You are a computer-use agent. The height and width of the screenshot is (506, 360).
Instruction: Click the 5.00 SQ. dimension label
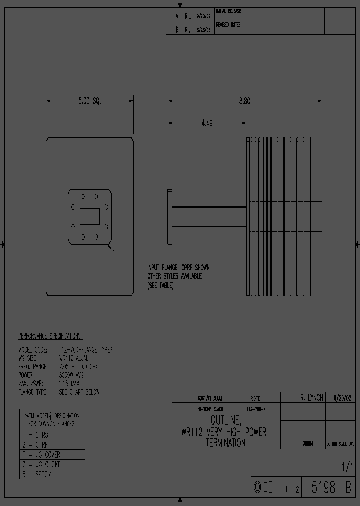89,101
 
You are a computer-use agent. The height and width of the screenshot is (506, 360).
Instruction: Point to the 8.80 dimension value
244,101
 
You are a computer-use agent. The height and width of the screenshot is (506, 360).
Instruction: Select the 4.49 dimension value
206,123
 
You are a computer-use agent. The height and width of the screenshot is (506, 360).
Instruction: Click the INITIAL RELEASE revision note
228,11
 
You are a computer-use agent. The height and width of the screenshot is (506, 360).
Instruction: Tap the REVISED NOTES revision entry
228,24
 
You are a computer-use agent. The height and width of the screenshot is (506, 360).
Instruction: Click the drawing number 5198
323,488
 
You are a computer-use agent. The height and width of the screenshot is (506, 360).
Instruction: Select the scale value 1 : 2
292,490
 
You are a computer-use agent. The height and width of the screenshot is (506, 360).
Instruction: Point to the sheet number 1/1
347,468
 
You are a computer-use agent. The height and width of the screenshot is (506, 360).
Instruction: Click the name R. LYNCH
312,398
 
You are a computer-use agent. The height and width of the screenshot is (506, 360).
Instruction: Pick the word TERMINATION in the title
225,443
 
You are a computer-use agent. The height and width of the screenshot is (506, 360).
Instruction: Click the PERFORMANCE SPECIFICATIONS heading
50,336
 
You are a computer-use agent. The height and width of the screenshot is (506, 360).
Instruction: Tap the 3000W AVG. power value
72,375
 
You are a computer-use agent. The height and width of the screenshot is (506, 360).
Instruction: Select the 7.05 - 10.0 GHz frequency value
78,366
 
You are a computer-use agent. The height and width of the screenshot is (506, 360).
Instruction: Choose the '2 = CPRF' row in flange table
35,445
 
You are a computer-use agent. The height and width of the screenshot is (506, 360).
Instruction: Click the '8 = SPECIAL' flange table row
38,474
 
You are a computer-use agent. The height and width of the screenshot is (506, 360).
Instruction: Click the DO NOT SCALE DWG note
340,444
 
